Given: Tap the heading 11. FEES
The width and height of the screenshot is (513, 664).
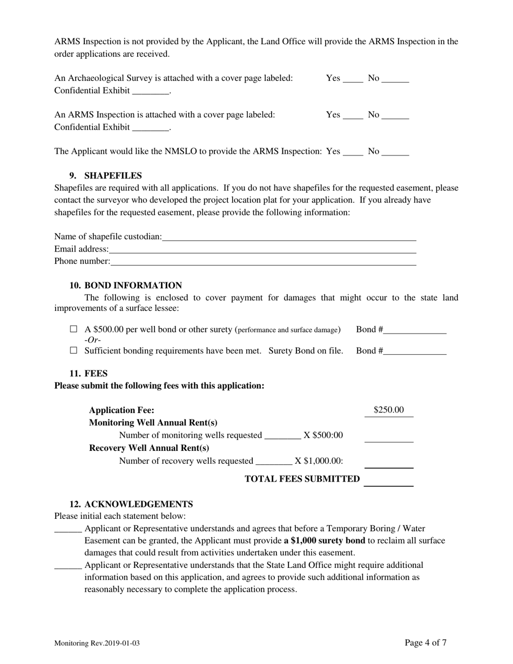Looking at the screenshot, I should tap(89, 373).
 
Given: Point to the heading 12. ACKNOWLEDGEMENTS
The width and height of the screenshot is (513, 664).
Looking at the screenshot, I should tap(131, 504).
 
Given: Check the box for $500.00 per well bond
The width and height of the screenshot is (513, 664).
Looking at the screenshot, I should tap(74, 329).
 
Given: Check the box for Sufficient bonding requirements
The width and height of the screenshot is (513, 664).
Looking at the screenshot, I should tap(74, 350).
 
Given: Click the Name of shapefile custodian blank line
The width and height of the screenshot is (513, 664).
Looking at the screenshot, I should tap(289, 236).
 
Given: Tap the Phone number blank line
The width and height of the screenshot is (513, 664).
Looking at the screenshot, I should tap(263, 261).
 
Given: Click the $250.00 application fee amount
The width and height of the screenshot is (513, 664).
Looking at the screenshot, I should tap(389, 410).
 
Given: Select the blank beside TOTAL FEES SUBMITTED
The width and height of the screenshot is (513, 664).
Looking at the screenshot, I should tap(389, 480).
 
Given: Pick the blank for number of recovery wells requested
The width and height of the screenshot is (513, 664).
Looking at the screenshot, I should tap(273, 460).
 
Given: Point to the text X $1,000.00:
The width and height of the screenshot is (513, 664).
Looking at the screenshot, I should tap(319, 460).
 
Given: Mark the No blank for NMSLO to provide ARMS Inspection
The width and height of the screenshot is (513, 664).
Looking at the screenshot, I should tap(395, 152).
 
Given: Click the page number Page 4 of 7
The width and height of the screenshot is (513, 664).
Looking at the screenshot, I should tap(426, 642).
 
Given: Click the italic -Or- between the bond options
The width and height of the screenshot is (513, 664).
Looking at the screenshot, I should tap(92, 340).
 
